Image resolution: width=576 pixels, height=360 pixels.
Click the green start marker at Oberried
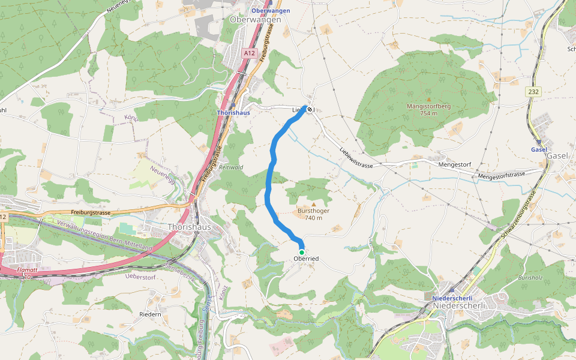[x=302, y=252]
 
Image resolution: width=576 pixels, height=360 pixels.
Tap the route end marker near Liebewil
[x=310, y=109]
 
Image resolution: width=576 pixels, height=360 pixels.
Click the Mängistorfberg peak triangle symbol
[x=428, y=100]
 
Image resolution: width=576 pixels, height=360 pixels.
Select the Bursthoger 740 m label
[x=313, y=214]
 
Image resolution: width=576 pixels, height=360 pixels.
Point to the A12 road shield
[x=250, y=53]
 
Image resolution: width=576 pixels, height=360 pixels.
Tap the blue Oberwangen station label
[x=271, y=11]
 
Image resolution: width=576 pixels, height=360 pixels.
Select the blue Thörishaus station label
[x=233, y=112]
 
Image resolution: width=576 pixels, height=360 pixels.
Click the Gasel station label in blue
[x=539, y=149]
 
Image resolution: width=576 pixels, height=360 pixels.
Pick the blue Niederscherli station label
[x=452, y=298]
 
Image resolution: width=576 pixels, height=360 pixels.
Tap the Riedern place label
[x=150, y=314]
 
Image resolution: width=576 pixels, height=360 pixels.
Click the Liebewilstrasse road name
[x=361, y=158]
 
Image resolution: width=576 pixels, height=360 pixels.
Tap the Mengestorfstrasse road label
[x=502, y=175]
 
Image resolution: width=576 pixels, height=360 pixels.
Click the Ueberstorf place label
[x=141, y=276]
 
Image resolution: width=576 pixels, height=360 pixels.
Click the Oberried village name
[x=306, y=259]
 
